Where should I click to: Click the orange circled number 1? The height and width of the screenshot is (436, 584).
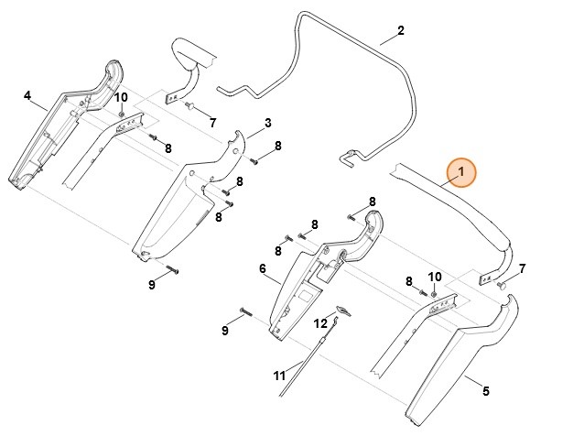(461, 171)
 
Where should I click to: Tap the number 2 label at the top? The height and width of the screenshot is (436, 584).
(400, 31)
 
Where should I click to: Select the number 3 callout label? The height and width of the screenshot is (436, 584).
(267, 123)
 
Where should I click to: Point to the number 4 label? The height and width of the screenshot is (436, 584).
(27, 95)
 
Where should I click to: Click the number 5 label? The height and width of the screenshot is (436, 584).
(485, 391)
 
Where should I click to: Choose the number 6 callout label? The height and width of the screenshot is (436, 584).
(262, 268)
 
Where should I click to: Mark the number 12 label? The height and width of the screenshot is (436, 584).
(320, 323)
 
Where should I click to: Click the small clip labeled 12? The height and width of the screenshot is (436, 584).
(341, 312)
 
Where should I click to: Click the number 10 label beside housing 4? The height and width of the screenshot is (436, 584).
(121, 97)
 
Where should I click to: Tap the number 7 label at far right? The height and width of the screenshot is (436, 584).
(522, 268)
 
